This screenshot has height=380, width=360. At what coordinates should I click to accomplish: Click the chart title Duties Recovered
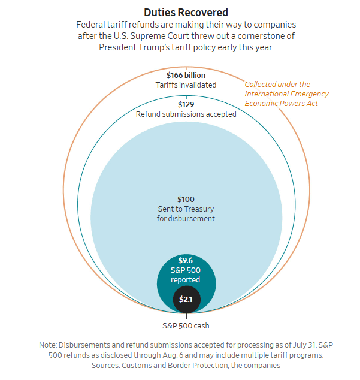pos(186,13)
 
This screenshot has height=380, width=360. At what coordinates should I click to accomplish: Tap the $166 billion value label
pos(186,75)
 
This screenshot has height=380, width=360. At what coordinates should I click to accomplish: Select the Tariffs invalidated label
pos(186,85)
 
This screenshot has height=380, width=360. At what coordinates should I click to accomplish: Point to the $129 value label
pos(186,104)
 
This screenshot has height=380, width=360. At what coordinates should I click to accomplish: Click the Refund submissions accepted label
pos(186,114)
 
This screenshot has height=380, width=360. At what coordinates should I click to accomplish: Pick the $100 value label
pos(186,199)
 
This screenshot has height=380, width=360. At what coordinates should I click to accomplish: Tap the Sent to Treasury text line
pos(186,209)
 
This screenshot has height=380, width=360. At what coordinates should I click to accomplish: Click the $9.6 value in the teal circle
pos(186,260)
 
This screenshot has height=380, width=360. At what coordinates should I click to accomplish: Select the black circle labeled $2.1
pos(186,299)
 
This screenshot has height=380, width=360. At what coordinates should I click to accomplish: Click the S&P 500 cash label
pos(186,325)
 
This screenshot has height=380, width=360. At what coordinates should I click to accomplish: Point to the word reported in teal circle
pos(185,280)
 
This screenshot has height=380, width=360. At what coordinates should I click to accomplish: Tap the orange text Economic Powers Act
pos(281,104)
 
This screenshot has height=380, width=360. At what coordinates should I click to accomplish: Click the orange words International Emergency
pos(286,94)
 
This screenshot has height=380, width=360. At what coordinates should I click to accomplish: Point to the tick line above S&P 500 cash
pos(186,316)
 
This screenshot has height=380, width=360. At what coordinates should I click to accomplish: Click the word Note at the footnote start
pos(48,345)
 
